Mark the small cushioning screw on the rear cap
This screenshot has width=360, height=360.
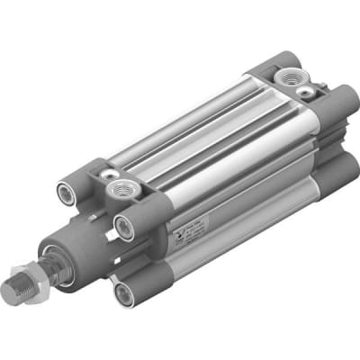[x=309, y=92]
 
